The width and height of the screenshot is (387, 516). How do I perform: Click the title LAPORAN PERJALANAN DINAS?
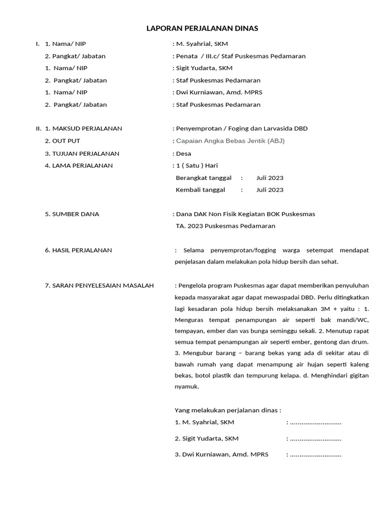(202, 29)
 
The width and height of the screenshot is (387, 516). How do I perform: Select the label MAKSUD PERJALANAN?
(87, 128)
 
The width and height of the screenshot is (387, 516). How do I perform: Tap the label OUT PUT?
(66, 141)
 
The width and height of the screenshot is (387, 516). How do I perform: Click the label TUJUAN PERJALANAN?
(86, 153)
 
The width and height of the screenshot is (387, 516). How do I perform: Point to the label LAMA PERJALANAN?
(83, 165)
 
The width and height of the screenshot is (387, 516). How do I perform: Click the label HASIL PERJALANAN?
(82, 250)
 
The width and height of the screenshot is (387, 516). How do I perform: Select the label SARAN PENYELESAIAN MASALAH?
(103, 286)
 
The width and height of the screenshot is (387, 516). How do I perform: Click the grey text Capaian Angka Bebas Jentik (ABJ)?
(230, 141)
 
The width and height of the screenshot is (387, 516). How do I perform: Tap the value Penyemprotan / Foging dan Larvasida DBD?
(241, 128)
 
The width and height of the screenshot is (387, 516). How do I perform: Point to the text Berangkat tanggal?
(204, 178)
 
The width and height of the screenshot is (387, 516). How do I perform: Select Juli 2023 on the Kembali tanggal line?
(270, 190)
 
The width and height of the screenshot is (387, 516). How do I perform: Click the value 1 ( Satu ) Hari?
(197, 165)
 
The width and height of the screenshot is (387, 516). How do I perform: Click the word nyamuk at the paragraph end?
(186, 386)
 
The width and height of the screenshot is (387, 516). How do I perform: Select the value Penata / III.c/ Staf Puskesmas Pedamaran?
(240, 56)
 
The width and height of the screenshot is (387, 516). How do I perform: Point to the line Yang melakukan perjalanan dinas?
(227, 410)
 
